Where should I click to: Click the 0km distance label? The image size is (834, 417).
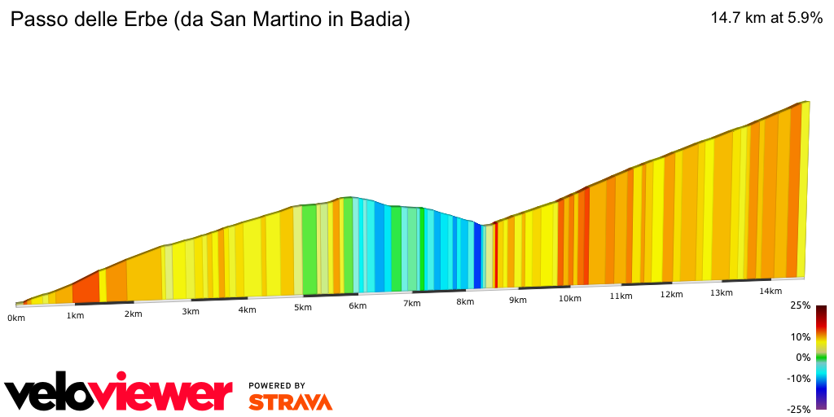[x=16, y=318]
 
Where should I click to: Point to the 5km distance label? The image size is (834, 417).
[x=303, y=307]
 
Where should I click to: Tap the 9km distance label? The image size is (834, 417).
[x=518, y=301]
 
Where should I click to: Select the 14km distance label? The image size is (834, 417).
[x=770, y=291]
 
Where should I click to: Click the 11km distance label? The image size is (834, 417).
[x=621, y=296]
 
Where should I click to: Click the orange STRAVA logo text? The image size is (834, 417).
[x=290, y=402]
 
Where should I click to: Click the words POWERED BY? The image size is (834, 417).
[x=277, y=385]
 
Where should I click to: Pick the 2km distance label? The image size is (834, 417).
[x=134, y=314]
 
